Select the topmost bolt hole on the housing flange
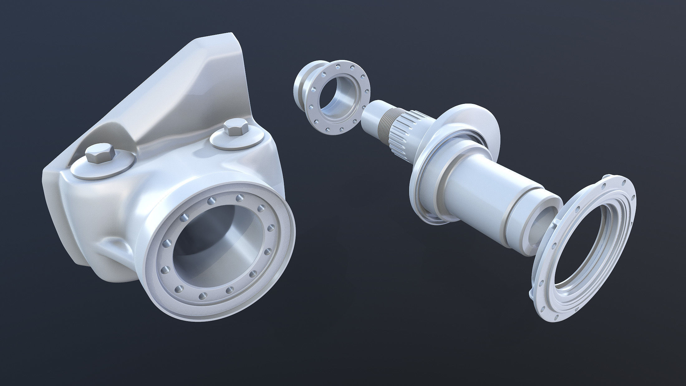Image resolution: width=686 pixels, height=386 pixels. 239,198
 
